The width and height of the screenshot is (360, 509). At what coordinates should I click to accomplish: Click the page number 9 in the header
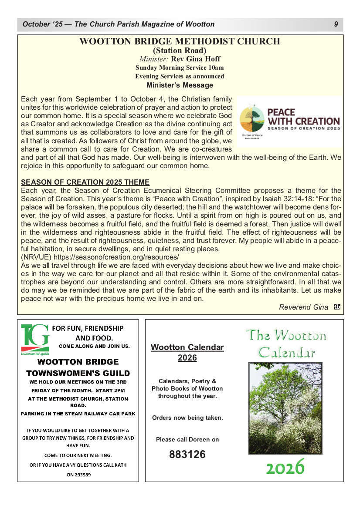[x=336, y=24]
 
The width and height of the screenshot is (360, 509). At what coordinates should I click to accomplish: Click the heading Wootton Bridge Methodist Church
[x=180, y=42]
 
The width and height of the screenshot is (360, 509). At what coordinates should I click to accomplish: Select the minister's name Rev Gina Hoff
[x=195, y=59]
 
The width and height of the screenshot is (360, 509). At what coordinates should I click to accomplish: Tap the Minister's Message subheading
[x=180, y=85]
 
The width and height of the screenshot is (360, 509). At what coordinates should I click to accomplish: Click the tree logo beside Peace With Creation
[x=251, y=119]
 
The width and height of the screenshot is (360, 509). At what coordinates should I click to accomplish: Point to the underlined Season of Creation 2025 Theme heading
[x=85, y=182]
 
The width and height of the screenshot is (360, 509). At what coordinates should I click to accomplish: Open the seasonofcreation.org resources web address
[x=116, y=257]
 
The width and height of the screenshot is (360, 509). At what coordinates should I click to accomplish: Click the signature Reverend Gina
[x=303, y=307]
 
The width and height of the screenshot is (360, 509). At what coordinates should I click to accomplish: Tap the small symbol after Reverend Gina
[x=336, y=307]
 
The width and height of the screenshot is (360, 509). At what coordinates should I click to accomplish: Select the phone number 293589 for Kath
[x=79, y=474]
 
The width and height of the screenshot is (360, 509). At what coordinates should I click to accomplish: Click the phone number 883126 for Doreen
[x=187, y=455]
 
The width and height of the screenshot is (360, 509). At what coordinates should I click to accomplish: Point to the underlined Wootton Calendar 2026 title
[x=187, y=352]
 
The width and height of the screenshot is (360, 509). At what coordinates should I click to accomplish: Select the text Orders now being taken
[x=187, y=418]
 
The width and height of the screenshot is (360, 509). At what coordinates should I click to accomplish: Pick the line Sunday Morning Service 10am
[x=180, y=67]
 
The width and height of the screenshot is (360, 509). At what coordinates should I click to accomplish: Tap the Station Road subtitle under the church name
[x=180, y=51]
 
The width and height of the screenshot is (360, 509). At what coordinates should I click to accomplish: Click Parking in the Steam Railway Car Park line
[x=78, y=414]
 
